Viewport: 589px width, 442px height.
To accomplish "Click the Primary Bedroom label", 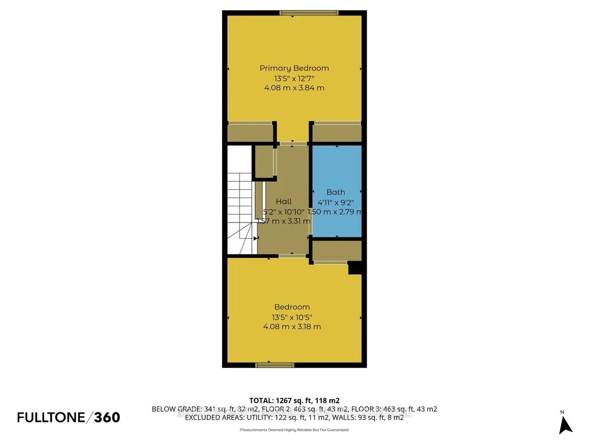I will click(294, 68).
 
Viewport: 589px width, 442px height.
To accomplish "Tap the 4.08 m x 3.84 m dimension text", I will click(294, 88).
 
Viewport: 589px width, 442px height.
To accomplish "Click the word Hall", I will click(284, 201).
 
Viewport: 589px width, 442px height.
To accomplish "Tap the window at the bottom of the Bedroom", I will click(275, 365).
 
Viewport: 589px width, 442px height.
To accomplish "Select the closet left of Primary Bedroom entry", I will click(250, 133).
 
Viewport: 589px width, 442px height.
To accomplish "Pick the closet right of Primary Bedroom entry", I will click(337, 133).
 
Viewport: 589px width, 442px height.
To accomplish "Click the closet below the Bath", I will click(337, 250).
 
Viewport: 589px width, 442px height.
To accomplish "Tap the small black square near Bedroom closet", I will click(355, 268).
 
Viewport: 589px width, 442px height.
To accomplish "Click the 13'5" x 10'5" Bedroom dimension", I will click(292, 317).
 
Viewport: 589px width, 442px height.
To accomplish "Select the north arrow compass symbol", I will click(565, 423).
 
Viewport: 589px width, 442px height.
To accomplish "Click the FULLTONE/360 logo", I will click(68, 417).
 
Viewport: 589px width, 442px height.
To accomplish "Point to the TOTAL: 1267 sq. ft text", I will click(294, 400).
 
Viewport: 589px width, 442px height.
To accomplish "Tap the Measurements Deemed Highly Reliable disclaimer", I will click(294, 430).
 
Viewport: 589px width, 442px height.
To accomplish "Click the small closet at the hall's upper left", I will click(264, 161).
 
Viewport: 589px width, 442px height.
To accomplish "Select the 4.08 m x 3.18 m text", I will click(292, 327).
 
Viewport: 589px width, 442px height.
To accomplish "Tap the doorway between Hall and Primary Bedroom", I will click(293, 143).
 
